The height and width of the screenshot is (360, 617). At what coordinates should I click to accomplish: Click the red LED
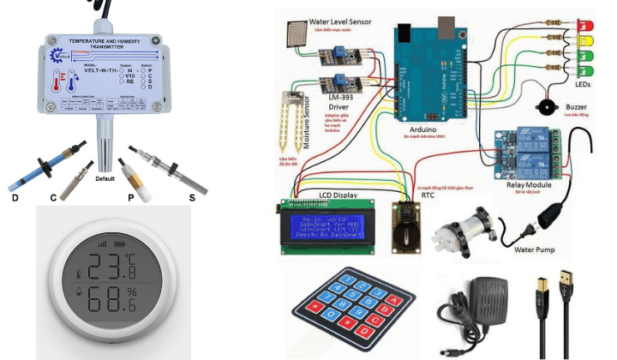coord(587,24)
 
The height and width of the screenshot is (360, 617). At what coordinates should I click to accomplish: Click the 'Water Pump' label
coord(536,250)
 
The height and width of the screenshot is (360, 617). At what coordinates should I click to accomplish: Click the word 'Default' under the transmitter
coord(105,179)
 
